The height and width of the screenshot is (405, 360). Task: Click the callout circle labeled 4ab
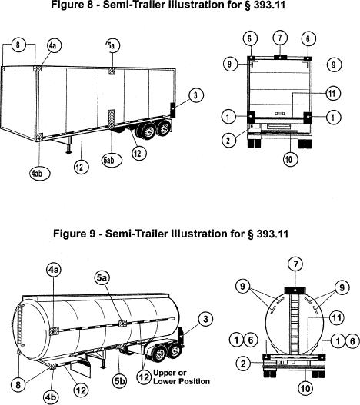(39, 174)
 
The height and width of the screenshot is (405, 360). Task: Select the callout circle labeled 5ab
(112, 160)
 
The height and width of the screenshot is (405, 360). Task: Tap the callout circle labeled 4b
(51, 397)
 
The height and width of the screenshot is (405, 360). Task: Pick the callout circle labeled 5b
(119, 381)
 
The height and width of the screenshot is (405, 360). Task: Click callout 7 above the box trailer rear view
(280, 38)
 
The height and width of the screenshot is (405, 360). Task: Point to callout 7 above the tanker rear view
(296, 264)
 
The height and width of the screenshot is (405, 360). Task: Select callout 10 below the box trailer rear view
(290, 159)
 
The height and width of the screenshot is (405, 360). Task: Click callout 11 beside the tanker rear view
(336, 317)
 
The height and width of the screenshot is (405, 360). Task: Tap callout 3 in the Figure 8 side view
(196, 95)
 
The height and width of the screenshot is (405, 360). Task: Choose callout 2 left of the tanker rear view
(243, 364)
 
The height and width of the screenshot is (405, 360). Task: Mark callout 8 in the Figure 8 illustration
(18, 45)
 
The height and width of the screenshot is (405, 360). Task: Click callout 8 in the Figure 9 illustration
(18, 385)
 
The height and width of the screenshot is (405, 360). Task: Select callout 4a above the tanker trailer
(54, 271)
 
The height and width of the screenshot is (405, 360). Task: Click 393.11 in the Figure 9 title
(272, 234)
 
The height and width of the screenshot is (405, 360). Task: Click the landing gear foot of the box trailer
(68, 152)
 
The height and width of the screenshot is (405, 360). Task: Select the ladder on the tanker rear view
(295, 324)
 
